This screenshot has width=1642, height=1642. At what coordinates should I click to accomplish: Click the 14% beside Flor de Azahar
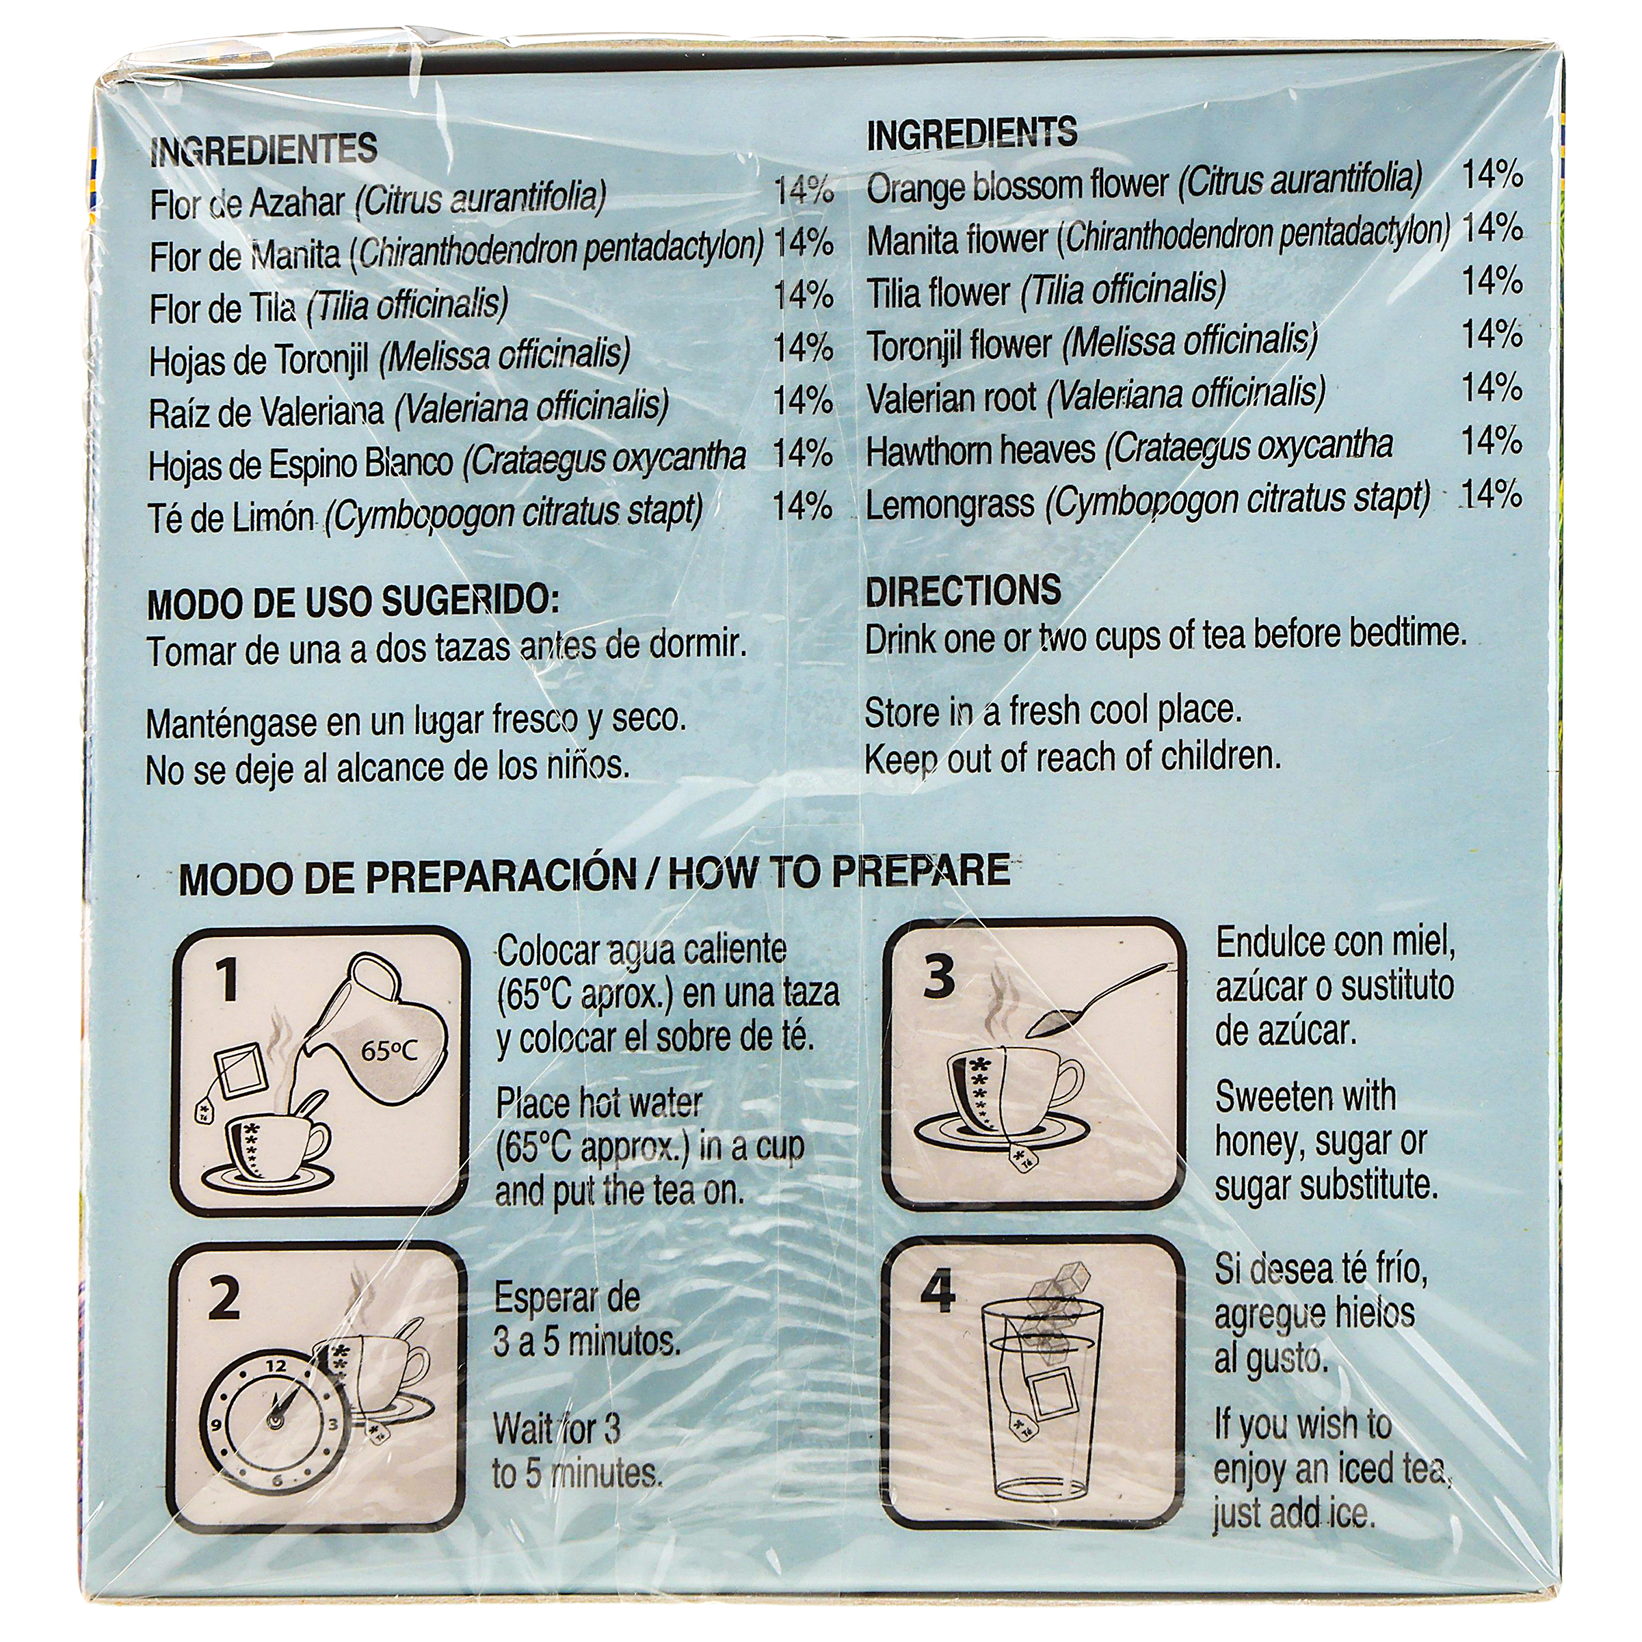coord(803,190)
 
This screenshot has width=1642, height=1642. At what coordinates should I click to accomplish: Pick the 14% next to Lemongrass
coord(1492,494)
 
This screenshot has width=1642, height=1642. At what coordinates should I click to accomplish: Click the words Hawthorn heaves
coord(980,449)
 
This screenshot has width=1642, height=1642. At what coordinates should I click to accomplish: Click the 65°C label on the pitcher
coord(388,1051)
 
